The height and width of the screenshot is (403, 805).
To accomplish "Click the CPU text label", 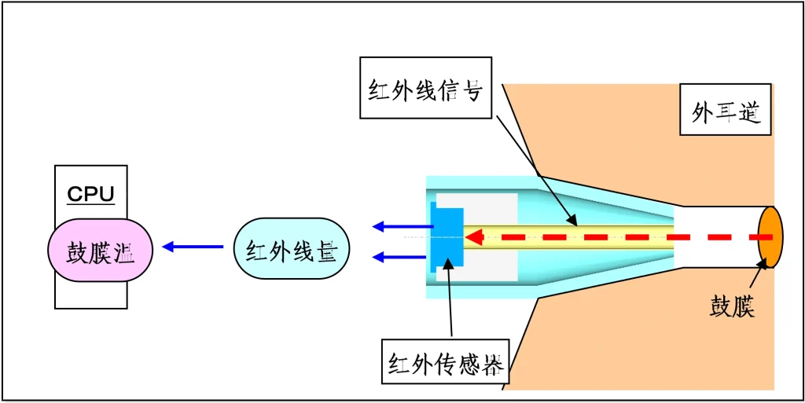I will (x=90, y=194).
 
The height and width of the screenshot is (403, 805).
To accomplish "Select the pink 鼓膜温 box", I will (x=100, y=251).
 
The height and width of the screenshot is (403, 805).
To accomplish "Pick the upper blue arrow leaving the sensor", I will (x=402, y=227).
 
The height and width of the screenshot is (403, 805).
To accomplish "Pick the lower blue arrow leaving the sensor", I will (x=402, y=256).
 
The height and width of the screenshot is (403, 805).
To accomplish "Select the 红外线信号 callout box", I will (x=426, y=87).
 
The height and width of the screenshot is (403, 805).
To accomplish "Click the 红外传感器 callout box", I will (x=447, y=361).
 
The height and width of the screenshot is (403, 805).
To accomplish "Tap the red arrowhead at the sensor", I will (x=474, y=236).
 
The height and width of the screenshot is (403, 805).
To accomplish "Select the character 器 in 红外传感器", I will (x=491, y=364).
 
